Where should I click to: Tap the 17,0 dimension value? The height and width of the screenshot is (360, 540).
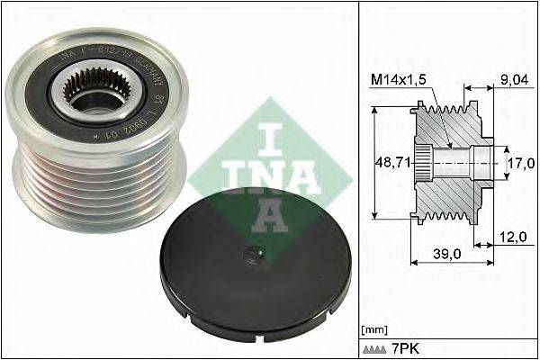coord(518,164)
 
